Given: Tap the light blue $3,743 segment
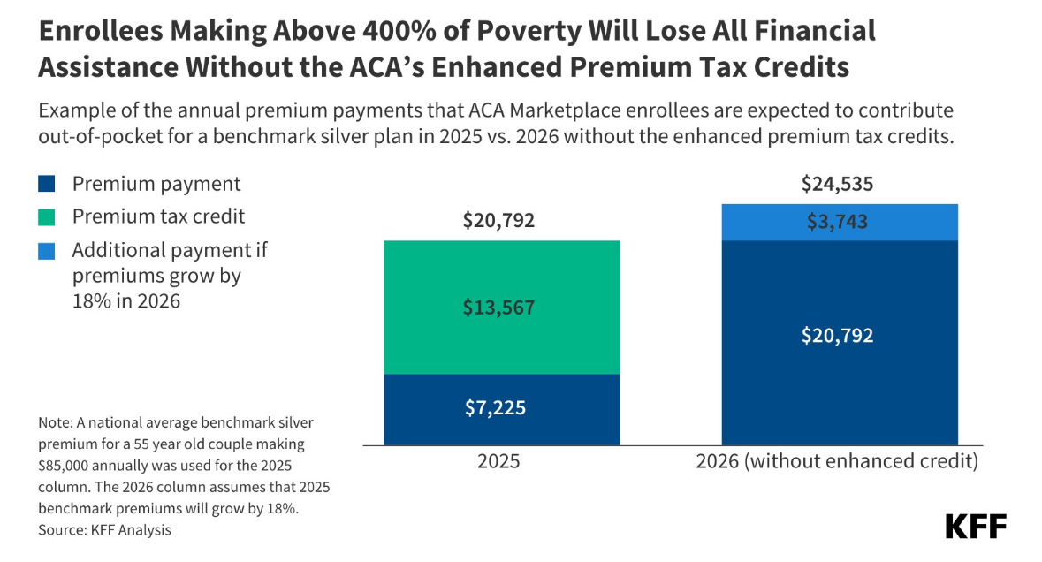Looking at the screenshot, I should (x=840, y=223).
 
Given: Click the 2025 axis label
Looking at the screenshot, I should (x=498, y=462).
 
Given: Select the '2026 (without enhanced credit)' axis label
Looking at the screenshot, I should (x=839, y=462).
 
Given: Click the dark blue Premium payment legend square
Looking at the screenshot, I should (x=48, y=185).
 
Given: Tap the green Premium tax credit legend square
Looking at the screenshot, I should (x=48, y=216).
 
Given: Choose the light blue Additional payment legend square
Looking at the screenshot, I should (x=48, y=250).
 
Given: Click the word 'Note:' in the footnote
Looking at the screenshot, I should (x=56, y=423).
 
